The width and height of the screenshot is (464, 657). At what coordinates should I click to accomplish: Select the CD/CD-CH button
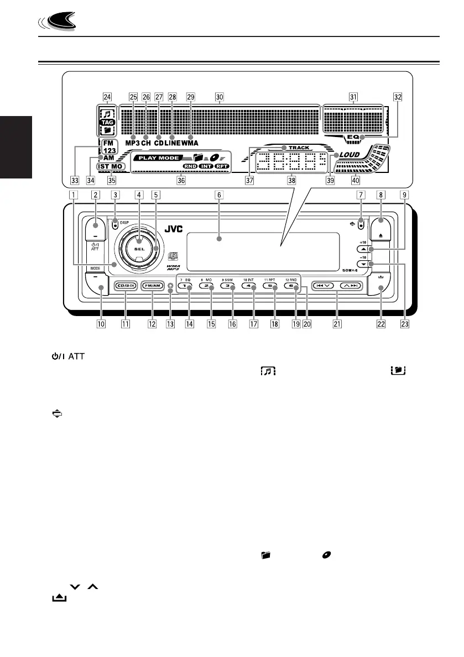[x=126, y=286]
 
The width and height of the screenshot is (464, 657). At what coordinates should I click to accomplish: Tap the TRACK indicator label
[x=299, y=148]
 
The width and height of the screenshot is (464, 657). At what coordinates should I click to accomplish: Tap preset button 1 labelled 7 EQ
[x=190, y=286]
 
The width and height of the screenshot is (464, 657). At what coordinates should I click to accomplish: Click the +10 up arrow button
[x=362, y=250]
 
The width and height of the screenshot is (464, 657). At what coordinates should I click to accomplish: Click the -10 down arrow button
[x=362, y=264]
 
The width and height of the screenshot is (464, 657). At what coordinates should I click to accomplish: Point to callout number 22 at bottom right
[x=380, y=324]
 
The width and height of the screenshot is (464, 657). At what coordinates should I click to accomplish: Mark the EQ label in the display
[x=353, y=136]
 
